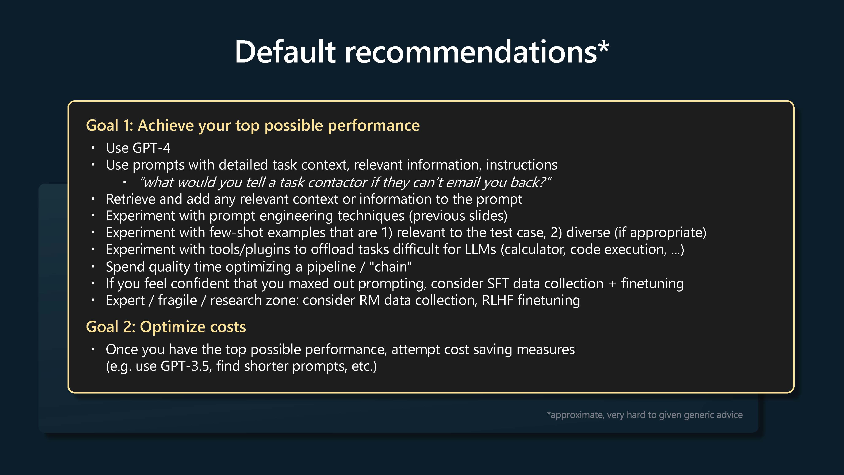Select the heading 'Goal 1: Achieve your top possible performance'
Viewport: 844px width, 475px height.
tap(253, 126)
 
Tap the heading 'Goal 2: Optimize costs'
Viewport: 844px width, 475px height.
tap(166, 327)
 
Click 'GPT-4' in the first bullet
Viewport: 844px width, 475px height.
tap(151, 148)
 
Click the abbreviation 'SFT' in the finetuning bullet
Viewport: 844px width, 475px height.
tap(498, 284)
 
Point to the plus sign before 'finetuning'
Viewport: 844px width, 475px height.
tap(612, 284)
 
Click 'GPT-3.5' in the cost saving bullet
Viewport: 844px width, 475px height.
tap(185, 366)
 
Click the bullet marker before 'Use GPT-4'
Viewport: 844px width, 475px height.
tap(93, 148)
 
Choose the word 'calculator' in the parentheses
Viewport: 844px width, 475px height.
tap(533, 250)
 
